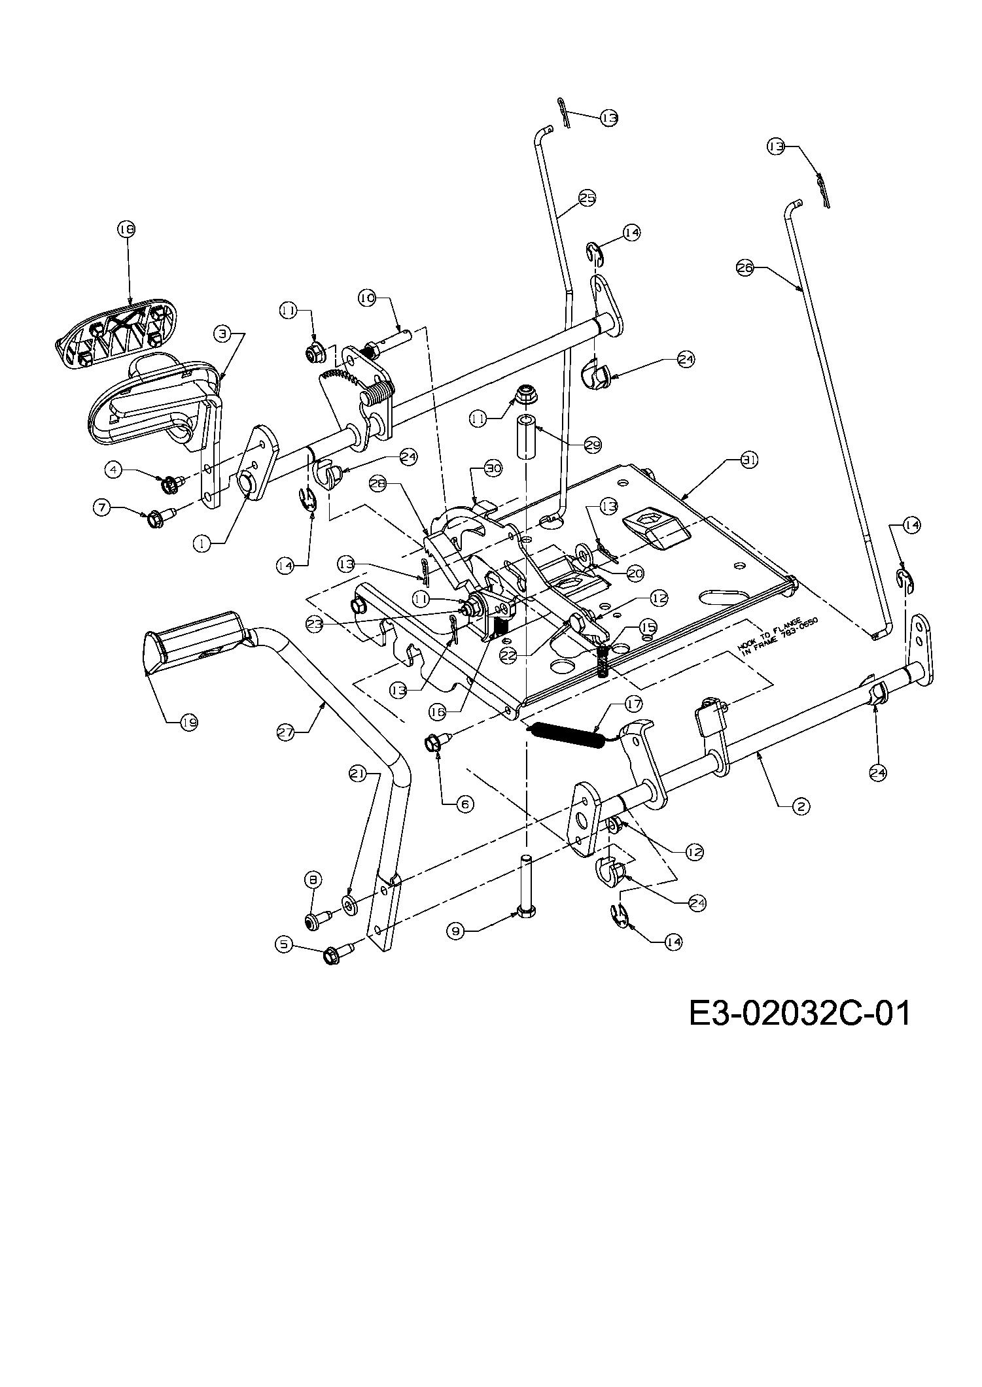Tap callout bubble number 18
pyautogui.click(x=126, y=229)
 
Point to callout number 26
pyautogui.click(x=745, y=267)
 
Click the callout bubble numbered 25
pyautogui.click(x=587, y=197)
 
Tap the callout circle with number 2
pyautogui.click(x=800, y=806)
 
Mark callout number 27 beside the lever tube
pyautogui.click(x=285, y=734)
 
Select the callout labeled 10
pyautogui.click(x=366, y=298)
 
